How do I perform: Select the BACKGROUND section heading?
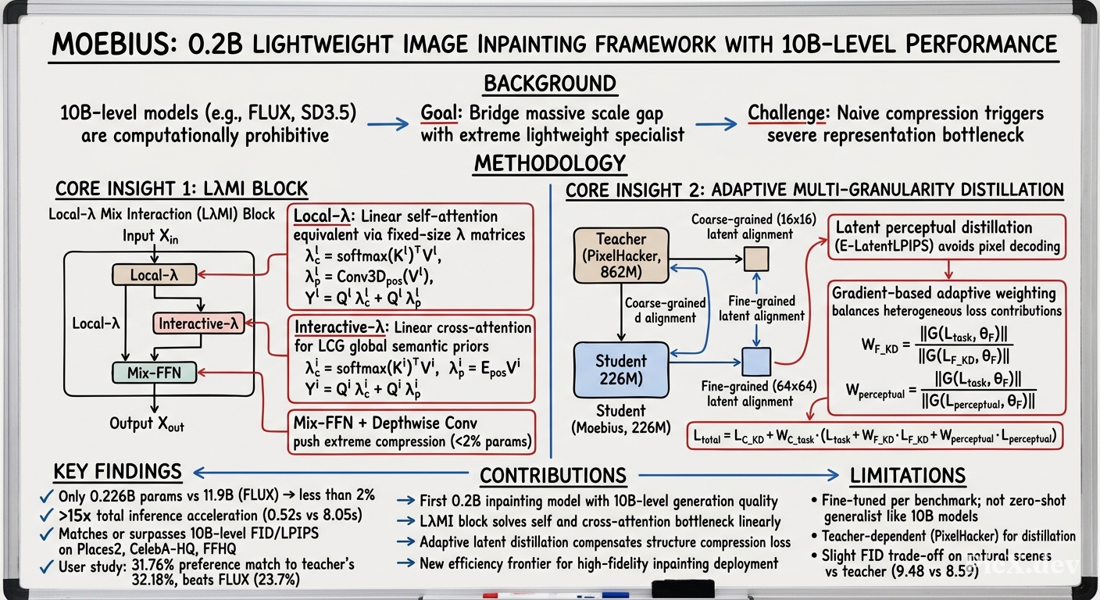point(549,84)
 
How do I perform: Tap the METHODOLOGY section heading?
point(549,163)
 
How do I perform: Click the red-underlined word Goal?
point(439,113)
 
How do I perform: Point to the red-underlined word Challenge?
point(786,113)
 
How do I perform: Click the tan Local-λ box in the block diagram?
point(154,275)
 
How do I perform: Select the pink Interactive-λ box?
point(198,323)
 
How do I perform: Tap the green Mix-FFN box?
point(154,373)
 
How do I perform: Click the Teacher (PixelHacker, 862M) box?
point(621,255)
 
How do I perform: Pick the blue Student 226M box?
point(621,370)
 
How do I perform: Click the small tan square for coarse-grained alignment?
point(756,259)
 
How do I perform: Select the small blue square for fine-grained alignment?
point(756,362)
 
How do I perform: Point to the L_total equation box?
point(874,436)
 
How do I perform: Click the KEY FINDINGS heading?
point(117,472)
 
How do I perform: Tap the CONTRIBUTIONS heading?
point(553,475)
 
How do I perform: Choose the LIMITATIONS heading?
point(908,475)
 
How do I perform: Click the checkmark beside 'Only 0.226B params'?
point(47,497)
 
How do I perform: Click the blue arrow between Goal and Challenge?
point(716,123)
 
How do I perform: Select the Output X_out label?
point(147,424)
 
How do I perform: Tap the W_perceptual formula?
point(940,391)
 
